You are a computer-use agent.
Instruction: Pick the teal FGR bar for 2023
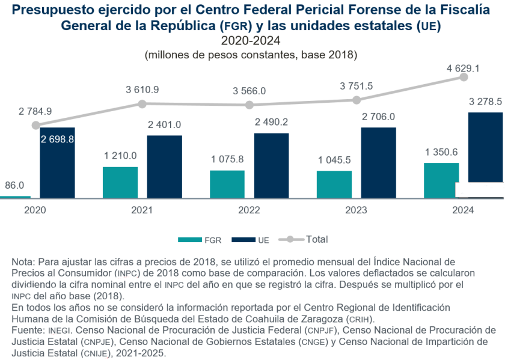click(334, 185)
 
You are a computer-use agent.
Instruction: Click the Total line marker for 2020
click(35, 125)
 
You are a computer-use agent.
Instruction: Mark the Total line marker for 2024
click(464, 77)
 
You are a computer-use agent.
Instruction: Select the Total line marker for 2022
click(249, 105)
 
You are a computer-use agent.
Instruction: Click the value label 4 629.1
click(463, 69)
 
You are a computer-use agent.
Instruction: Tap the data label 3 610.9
click(142, 90)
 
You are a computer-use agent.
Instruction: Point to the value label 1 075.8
click(227, 159)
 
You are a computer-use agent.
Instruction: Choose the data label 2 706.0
click(379, 116)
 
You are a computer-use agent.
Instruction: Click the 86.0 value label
click(14, 185)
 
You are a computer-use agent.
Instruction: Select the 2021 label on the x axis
click(142, 210)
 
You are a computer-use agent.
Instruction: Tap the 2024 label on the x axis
click(463, 210)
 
